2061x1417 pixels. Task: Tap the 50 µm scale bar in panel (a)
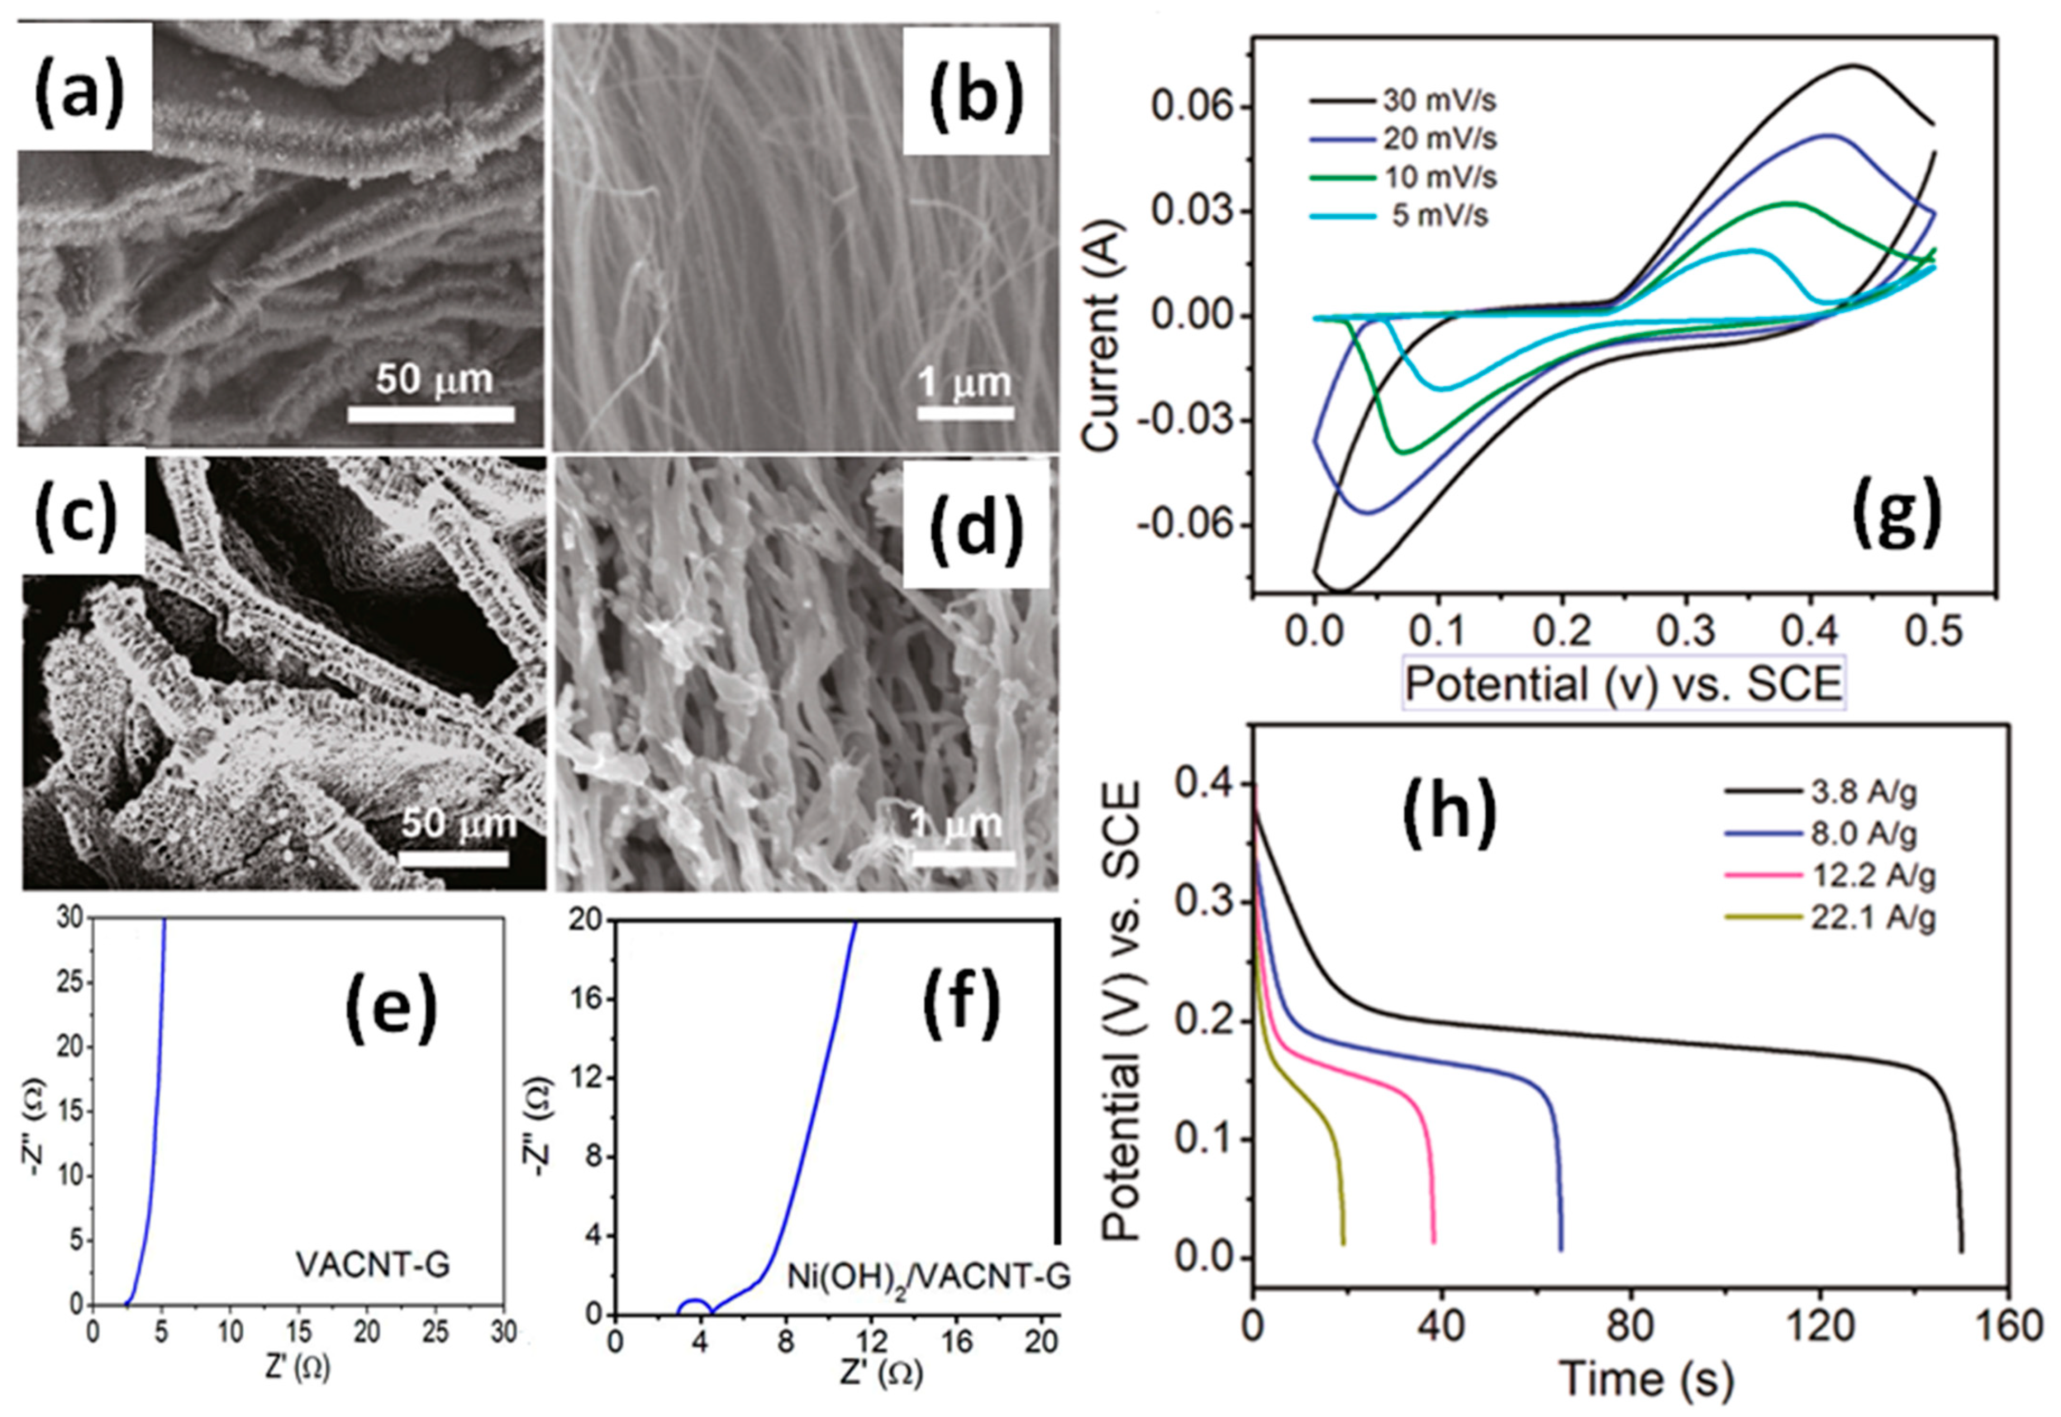[431, 414]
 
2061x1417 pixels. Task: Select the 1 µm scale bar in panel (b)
[965, 413]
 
